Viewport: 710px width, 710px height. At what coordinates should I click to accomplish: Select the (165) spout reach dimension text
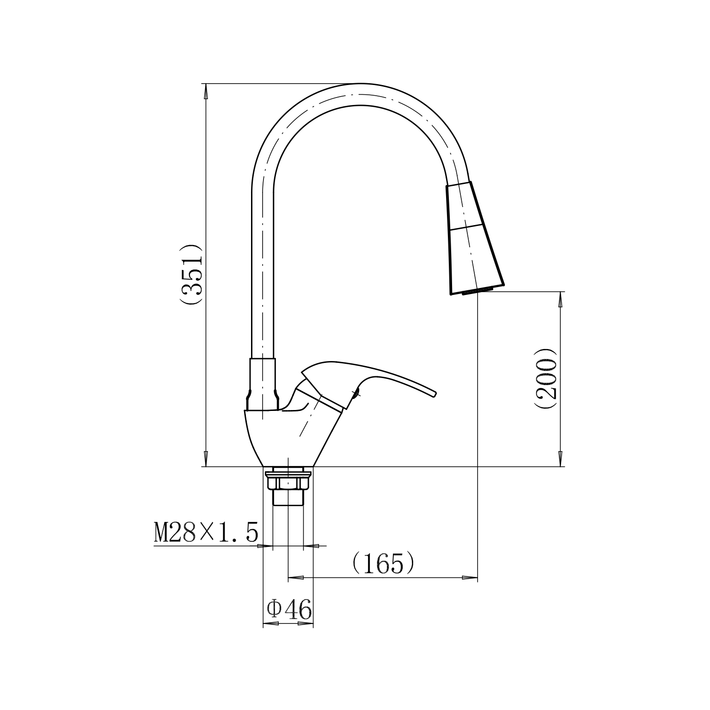(x=383, y=563)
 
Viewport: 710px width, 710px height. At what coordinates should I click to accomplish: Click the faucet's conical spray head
(x=473, y=238)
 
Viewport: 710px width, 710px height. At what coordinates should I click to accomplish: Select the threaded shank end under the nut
(x=288, y=498)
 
